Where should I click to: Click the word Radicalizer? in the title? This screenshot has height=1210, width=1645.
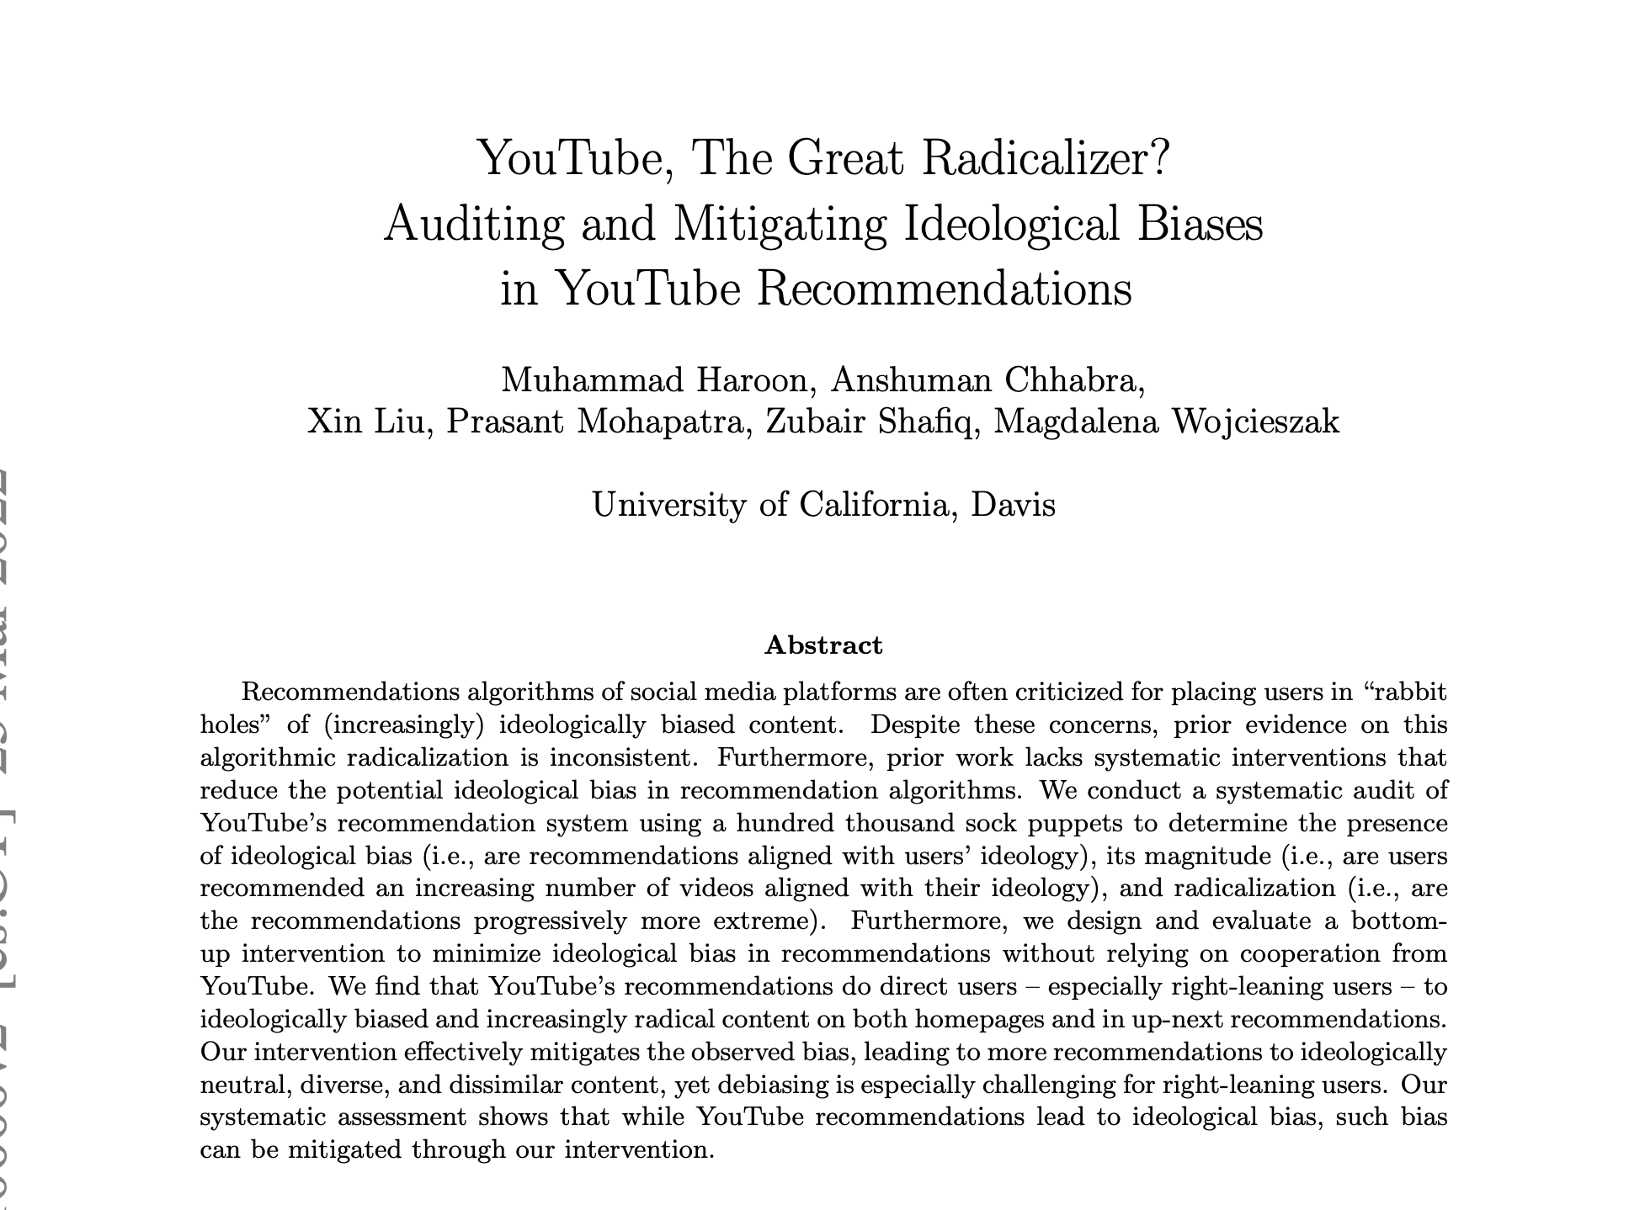pos(1045,159)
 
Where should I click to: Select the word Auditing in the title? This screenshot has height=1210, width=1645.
pos(473,224)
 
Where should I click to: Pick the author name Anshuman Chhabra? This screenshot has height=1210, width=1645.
pos(986,380)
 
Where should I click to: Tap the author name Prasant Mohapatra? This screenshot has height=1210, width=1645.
pos(598,421)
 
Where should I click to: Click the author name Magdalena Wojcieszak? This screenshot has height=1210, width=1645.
pos(1166,421)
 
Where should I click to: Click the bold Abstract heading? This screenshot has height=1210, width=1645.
pos(823,645)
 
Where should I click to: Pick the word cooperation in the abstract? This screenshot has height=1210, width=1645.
pos(1310,954)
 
